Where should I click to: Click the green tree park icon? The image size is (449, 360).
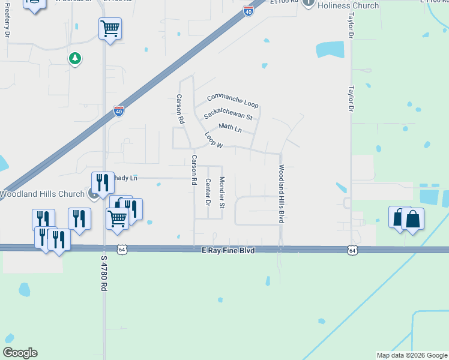74,58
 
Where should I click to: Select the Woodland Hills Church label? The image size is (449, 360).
42,194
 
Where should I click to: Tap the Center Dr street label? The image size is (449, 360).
208,193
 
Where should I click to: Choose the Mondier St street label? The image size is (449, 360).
221,193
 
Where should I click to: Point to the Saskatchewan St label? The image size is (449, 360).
228,114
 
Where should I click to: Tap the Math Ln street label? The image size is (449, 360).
230,128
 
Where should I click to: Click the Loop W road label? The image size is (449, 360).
214,140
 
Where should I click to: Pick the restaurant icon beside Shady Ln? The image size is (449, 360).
103,182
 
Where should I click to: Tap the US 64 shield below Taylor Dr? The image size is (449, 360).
352,249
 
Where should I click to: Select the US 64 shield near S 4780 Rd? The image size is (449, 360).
122,249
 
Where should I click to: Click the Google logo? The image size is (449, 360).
20,353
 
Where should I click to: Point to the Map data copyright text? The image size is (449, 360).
411,355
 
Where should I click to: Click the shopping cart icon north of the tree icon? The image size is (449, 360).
110,28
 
